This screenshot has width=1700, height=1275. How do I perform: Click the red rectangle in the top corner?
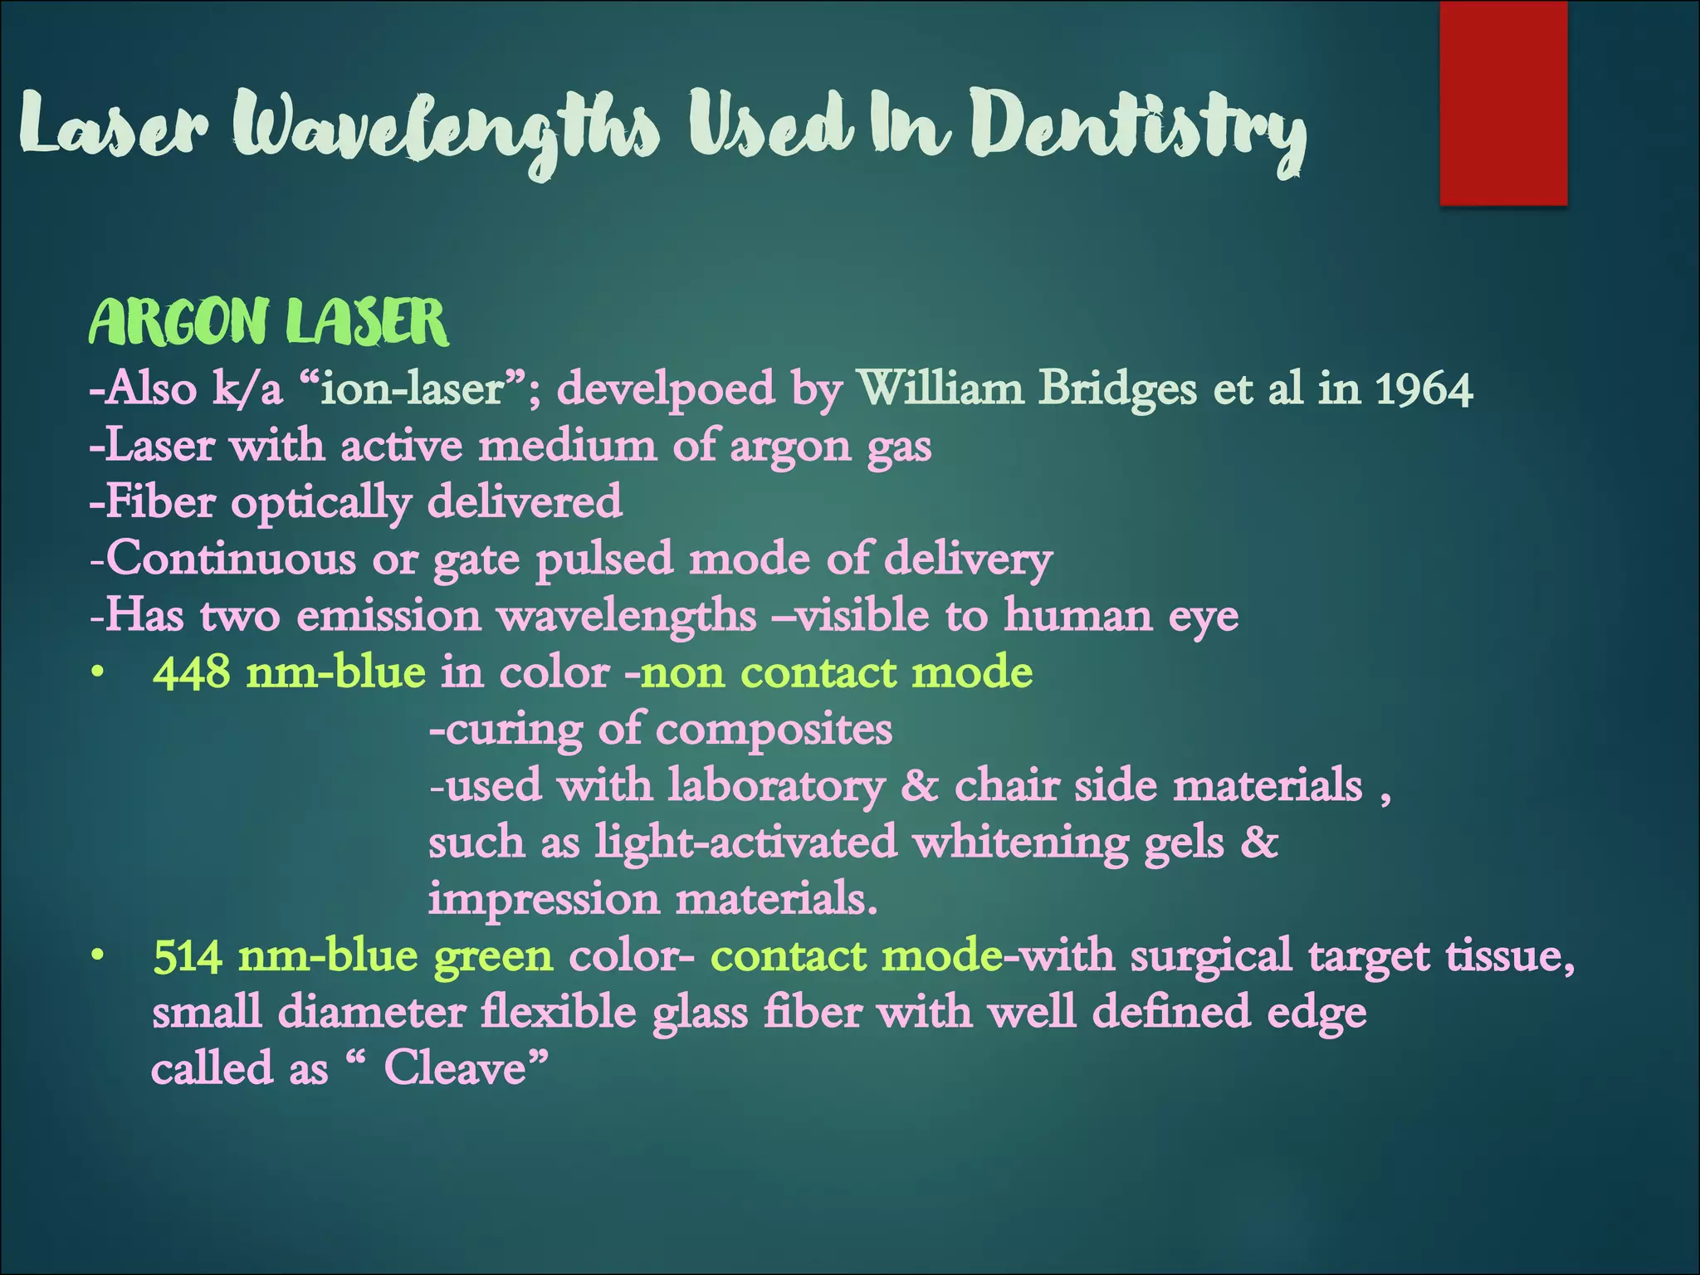[1502, 103]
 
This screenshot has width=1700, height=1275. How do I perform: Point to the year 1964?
[1424, 389]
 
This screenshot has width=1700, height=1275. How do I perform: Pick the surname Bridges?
[1117, 389]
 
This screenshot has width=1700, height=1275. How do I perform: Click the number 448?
[192, 672]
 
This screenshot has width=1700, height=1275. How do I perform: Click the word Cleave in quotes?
[455, 1068]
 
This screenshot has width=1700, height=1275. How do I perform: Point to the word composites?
[774, 730]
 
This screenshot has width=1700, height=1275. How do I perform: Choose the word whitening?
[1020, 843]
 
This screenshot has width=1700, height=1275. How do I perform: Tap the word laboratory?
[776, 787]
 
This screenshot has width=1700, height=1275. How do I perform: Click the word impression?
[545, 899]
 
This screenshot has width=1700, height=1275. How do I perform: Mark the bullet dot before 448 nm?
[98, 673]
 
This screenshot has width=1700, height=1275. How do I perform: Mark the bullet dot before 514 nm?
[98, 957]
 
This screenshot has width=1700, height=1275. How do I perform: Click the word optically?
[320, 503]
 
